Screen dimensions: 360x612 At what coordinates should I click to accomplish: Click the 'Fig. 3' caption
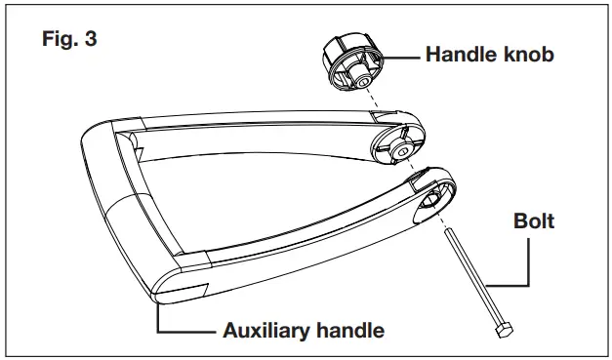pyautogui.click(x=69, y=43)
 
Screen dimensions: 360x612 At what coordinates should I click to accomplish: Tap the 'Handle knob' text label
pyautogui.click(x=489, y=55)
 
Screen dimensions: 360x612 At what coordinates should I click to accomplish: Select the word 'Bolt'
pyautogui.click(x=533, y=220)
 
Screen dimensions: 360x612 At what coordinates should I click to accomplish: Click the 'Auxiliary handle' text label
pyautogui.click(x=304, y=330)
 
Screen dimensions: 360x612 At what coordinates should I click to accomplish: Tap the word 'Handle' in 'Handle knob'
pyautogui.click(x=459, y=55)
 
